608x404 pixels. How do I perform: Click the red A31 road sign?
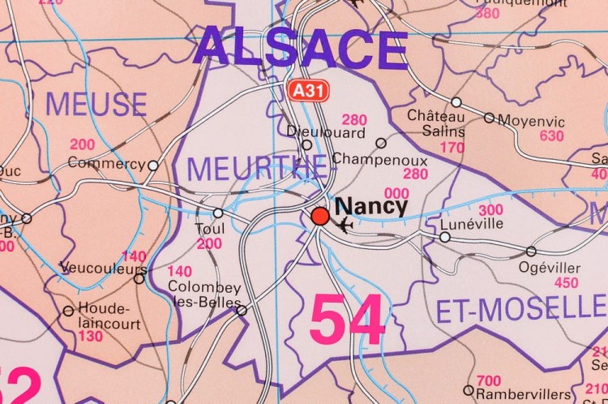click(309, 91)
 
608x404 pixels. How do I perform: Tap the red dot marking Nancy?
click(320, 216)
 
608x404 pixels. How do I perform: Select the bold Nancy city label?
click(370, 205)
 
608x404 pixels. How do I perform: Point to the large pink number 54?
click(347, 320)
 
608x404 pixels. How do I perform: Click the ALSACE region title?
click(301, 48)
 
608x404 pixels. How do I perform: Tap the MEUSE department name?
click(96, 105)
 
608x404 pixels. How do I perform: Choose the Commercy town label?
click(106, 163)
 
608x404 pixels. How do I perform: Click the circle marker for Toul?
click(218, 213)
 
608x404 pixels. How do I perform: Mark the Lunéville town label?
click(472, 224)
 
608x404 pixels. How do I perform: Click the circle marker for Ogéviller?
click(531, 251)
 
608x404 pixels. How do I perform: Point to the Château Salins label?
click(436, 123)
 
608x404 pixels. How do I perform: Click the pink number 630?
click(551, 135)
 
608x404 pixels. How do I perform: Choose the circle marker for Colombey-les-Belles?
click(241, 310)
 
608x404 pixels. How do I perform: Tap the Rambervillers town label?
click(523, 393)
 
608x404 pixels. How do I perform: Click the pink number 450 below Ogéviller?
click(566, 283)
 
